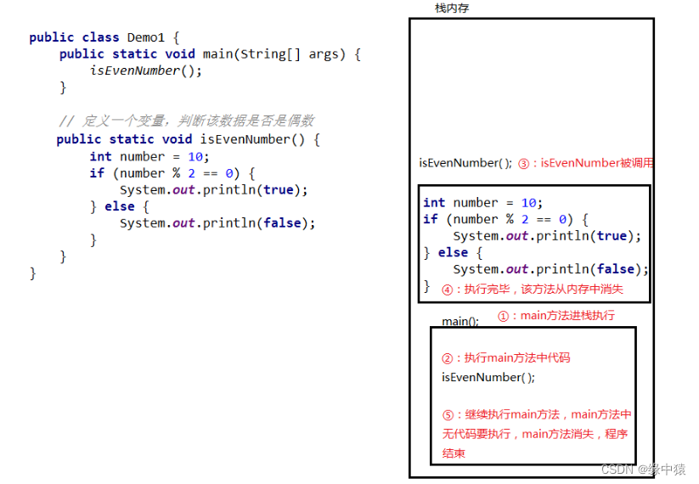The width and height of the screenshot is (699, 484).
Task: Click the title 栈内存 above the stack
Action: coord(451,8)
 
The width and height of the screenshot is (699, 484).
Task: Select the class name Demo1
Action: coord(147,37)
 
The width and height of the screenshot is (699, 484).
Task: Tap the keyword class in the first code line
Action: coord(101,37)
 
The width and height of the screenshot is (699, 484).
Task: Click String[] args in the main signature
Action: coord(290,54)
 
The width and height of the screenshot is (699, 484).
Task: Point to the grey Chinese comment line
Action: coord(186,121)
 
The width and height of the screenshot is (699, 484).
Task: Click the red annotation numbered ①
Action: coord(555,316)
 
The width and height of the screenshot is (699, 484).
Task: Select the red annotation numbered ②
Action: coord(505,357)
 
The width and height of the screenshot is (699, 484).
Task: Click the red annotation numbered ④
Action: coord(533,289)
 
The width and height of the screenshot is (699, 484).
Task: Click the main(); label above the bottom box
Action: coord(459,322)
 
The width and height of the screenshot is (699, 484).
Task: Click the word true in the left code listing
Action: coord(278,189)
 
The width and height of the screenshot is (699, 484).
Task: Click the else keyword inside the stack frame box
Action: coord(453,253)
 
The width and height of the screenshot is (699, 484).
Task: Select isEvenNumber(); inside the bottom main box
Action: coord(488,377)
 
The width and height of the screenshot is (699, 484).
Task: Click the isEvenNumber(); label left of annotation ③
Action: coord(465,163)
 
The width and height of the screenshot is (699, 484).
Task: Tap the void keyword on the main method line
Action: coord(180,54)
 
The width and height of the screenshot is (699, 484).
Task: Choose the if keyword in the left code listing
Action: coord(97,173)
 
